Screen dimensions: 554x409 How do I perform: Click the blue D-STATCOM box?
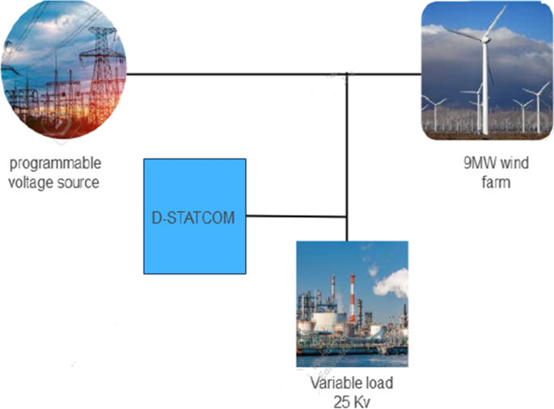click(x=194, y=216)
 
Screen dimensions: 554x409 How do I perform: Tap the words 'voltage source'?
click(x=53, y=182)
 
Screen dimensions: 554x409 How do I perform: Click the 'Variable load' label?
click(x=351, y=382)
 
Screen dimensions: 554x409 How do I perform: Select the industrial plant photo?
click(x=352, y=304)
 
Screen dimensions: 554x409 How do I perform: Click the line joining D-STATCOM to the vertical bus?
click(x=296, y=216)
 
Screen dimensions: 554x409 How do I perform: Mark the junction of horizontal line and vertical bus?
click(x=348, y=75)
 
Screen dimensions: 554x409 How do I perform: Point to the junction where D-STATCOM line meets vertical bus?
click(x=348, y=216)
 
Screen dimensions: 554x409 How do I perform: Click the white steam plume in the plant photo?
click(x=391, y=283)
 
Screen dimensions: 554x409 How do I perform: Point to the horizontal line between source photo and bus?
click(x=235, y=75)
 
